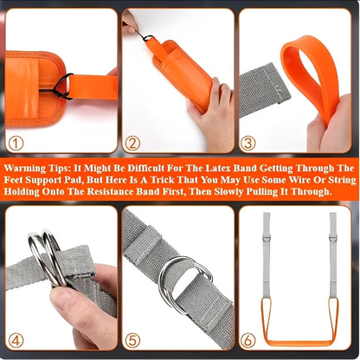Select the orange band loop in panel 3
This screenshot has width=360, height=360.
tap(312, 74)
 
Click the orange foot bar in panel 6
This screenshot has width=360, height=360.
tap(299, 340)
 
